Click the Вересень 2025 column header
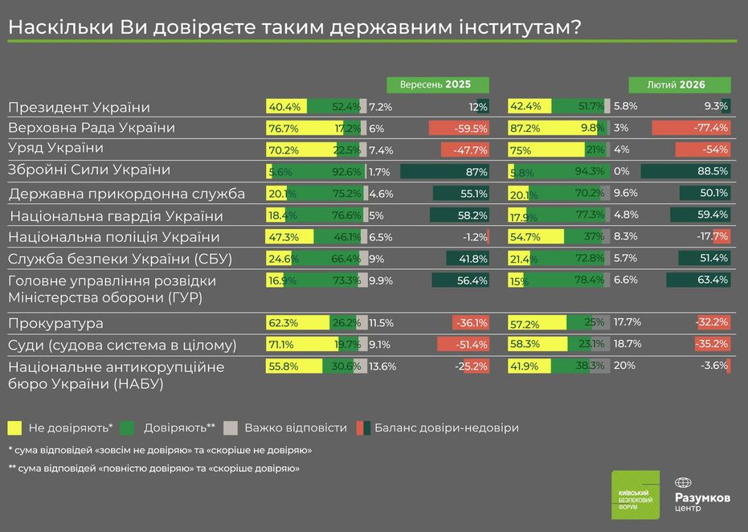438,84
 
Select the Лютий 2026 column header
679,84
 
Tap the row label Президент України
80,107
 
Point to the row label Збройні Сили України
89,170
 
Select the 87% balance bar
444,171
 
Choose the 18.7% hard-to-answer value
627,344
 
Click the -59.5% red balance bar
459,128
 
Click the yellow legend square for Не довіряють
14,428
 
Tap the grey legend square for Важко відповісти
231,428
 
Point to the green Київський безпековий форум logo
635,493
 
